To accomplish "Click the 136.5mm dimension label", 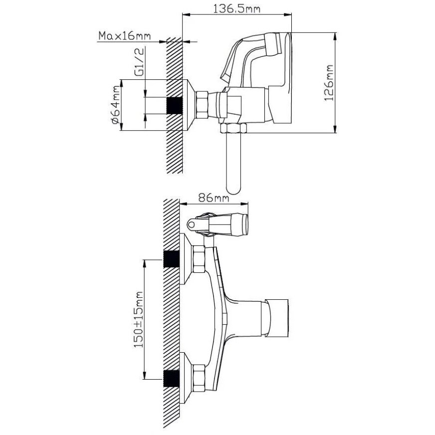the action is click(236, 9).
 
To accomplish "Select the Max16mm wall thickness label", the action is click(125, 36).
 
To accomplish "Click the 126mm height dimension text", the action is click(329, 83).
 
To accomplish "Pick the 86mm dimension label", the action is click(214, 199).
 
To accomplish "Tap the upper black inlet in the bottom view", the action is click(172, 259).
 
